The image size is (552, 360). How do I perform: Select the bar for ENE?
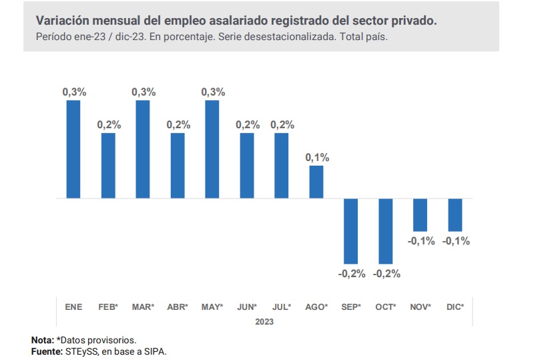[73, 149]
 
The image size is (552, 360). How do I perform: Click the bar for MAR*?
[143, 149]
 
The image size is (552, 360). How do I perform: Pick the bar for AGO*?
[316, 182]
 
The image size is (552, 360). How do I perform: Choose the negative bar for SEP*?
[351, 230]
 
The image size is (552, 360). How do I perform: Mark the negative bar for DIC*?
[455, 214]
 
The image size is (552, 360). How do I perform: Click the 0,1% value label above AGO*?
[316, 158]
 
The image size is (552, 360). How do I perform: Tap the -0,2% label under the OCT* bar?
[386, 273]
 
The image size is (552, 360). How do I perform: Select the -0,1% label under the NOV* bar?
[421, 241]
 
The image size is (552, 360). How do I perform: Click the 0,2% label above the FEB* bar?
[108, 125]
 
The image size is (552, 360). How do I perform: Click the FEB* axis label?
[108, 307]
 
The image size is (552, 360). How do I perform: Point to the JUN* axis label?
[247, 307]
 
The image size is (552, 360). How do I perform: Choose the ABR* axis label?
[178, 307]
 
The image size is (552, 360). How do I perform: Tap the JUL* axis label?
[282, 307]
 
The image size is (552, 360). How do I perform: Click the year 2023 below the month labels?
[264, 321]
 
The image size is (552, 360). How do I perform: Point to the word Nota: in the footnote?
[43, 340]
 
